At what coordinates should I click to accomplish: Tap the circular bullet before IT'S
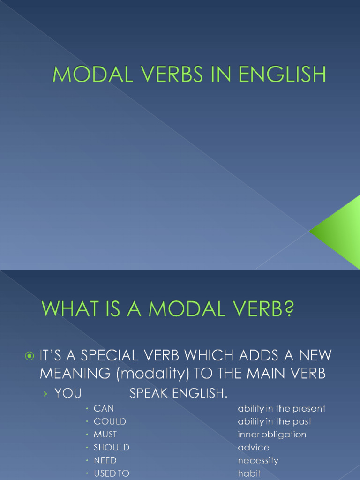click(29, 357)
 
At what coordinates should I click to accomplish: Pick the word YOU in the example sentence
click(68, 393)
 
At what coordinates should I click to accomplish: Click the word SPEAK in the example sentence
click(149, 393)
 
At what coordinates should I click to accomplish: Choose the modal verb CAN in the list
click(104, 409)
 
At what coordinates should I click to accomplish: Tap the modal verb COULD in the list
click(110, 421)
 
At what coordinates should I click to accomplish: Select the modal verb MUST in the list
click(105, 435)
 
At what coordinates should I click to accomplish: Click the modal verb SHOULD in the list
click(112, 448)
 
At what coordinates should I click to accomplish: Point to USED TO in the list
click(112, 473)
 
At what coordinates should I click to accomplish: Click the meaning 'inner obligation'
click(272, 435)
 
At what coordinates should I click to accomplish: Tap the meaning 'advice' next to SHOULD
click(254, 448)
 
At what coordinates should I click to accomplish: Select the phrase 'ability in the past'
click(275, 421)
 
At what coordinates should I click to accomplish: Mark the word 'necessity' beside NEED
click(258, 460)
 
